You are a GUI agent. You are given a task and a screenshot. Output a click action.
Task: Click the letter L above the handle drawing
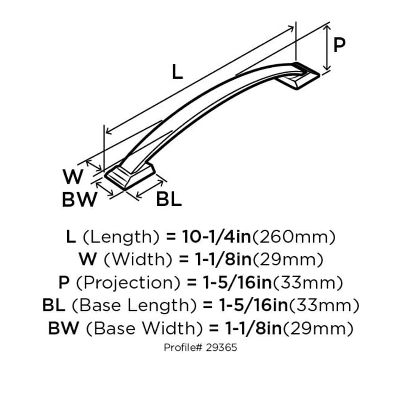pyautogui.click(x=177, y=73)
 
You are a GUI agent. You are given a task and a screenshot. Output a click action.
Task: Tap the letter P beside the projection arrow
pyautogui.click(x=340, y=45)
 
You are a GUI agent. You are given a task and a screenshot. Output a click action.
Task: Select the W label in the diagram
pyautogui.click(x=73, y=177)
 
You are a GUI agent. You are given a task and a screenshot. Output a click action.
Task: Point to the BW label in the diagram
pyautogui.click(x=79, y=200)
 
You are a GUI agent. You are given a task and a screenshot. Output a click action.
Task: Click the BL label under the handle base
pyautogui.click(x=169, y=200)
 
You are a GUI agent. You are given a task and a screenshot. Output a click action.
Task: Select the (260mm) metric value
pyautogui.click(x=294, y=237)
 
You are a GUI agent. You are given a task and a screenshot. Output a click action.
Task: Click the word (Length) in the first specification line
pyautogui.click(x=122, y=237)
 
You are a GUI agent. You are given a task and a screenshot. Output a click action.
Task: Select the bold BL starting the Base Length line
pyautogui.click(x=54, y=306)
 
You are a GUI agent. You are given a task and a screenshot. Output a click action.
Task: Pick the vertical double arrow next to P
pyautogui.click(x=327, y=47)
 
